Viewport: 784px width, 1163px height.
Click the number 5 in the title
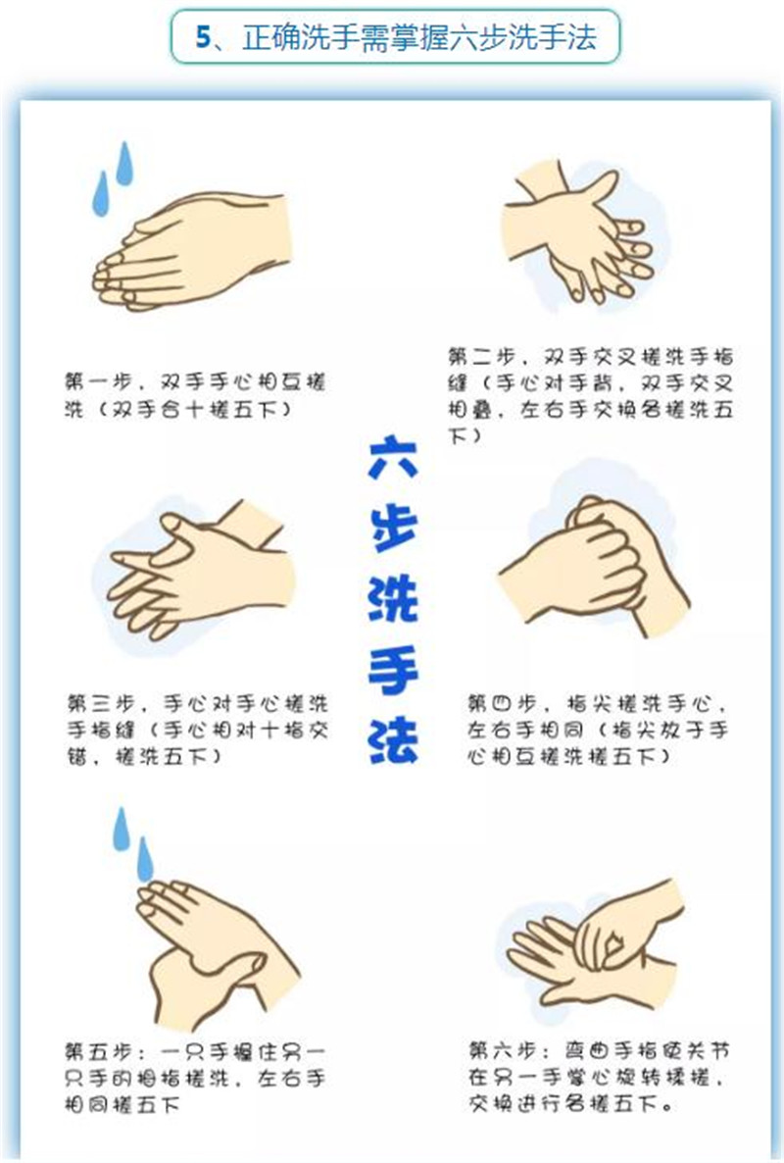click(203, 36)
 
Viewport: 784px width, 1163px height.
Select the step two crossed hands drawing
click(579, 234)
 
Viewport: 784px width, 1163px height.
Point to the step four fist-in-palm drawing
click(594, 565)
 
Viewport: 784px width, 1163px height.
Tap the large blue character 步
click(393, 529)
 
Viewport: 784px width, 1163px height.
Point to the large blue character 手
click(393, 671)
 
